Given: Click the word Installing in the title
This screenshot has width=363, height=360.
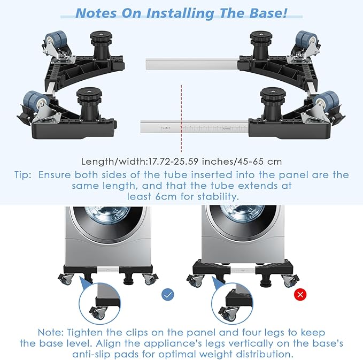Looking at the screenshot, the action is point(180,13).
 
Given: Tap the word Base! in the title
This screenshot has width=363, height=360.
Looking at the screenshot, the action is point(268,13).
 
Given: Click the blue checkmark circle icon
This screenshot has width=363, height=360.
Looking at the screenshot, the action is point(167,295).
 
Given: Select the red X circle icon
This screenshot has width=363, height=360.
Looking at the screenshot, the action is point(300,294).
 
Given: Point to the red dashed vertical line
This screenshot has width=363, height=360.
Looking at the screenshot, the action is point(181,118).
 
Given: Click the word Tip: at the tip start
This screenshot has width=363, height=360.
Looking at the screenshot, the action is point(22,175).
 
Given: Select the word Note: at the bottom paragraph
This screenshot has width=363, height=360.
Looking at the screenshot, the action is point(50,332).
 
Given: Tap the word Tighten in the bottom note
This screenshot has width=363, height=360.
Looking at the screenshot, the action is point(84,333).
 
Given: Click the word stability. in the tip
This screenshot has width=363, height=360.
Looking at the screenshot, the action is point(218,196).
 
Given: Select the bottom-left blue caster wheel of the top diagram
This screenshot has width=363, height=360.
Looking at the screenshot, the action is point(35,101).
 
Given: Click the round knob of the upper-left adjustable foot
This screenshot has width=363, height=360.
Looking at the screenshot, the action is point(101,36).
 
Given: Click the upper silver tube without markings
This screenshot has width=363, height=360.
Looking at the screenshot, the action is point(192,64).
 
